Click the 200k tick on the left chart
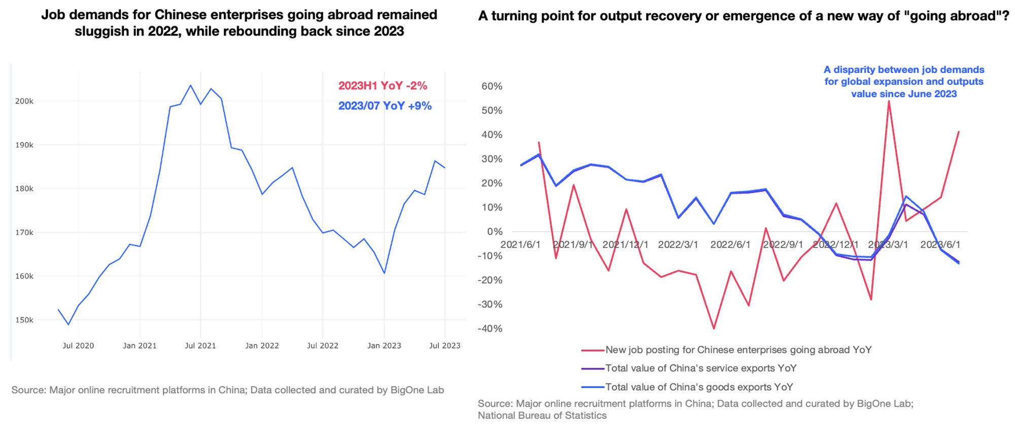[x=24, y=101]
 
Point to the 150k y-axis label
[x=24, y=320]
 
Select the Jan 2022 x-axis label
[x=262, y=346]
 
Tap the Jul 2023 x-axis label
[x=445, y=346]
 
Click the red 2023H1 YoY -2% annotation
[x=383, y=86]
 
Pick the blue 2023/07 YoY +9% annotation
[x=385, y=106]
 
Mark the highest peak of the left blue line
[x=190, y=85]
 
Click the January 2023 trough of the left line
[x=384, y=273]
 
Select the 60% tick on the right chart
[x=491, y=86]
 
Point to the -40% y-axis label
[x=490, y=329]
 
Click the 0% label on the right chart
[x=494, y=232]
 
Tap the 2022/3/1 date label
[x=678, y=244]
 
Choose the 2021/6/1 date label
[x=520, y=244]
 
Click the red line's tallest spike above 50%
[x=889, y=101]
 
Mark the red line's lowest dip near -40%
[x=714, y=328]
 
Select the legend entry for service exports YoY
[x=700, y=368]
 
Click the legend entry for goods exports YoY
[x=698, y=387]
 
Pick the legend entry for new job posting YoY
[x=738, y=350]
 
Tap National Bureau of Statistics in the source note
[x=542, y=415]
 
